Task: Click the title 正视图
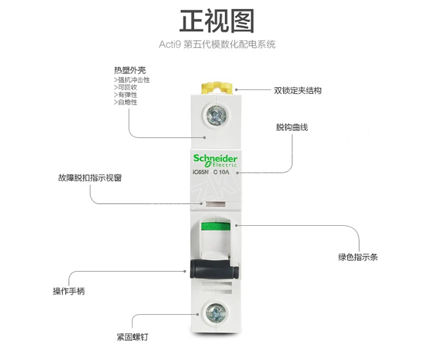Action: (217, 21)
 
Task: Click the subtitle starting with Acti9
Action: (217, 45)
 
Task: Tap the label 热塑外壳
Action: (130, 70)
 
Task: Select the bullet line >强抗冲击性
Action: (131, 80)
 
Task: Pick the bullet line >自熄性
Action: (125, 102)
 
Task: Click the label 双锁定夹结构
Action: (297, 91)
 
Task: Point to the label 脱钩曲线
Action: (292, 127)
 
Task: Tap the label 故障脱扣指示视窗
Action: (90, 178)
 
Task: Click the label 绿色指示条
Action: (358, 257)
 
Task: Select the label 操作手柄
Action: (68, 292)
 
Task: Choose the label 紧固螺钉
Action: (132, 337)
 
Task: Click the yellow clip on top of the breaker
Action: (216, 88)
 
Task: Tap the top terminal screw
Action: (216, 115)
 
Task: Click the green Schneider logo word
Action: (215, 158)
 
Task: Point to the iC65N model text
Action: (200, 172)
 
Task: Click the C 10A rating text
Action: (221, 172)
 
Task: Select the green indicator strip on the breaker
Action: (216, 226)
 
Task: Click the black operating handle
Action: (214, 269)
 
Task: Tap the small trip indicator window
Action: (215, 204)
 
